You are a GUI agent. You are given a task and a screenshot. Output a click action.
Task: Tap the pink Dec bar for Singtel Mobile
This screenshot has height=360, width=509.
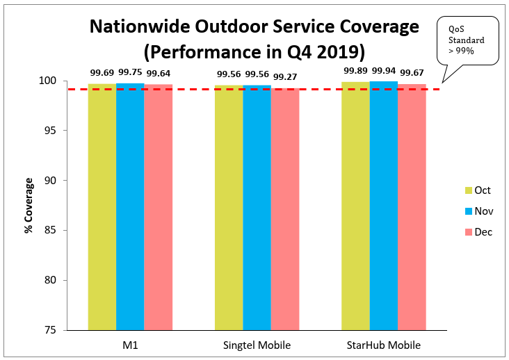(x=285, y=208)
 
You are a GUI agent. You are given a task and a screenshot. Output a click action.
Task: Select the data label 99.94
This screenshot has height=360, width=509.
(x=384, y=71)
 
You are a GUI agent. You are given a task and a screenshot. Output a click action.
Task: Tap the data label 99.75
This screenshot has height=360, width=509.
(x=130, y=71)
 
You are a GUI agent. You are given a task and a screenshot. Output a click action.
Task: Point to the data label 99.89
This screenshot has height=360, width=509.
(x=355, y=71)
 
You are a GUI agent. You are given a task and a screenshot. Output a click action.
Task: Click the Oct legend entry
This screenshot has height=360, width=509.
(x=478, y=190)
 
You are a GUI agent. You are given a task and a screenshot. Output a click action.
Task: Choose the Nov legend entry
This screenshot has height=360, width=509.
(x=478, y=211)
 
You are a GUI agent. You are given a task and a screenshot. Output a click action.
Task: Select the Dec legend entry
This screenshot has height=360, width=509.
(x=478, y=231)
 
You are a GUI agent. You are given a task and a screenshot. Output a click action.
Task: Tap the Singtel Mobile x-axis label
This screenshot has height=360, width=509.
(x=257, y=345)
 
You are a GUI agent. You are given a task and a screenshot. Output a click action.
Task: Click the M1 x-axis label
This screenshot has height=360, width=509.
(x=130, y=345)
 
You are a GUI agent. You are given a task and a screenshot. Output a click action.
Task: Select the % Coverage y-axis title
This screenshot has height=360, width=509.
(x=29, y=205)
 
